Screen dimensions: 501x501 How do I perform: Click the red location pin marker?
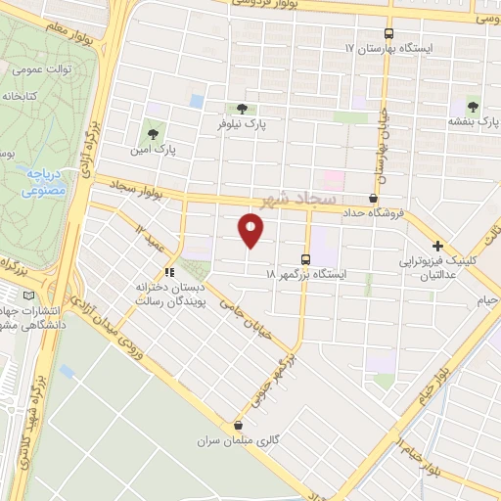(251, 231)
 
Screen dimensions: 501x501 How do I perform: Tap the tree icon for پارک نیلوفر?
(242, 109)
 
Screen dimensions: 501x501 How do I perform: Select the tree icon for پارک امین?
(151, 131)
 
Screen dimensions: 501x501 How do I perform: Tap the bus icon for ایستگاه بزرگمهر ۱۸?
(305, 259)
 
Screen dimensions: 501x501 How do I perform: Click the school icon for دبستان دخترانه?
(170, 273)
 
